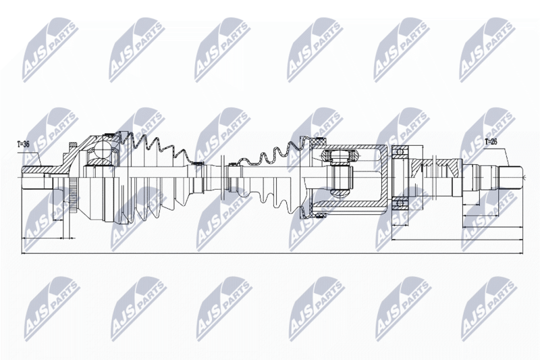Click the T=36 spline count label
pyautogui.click(x=23, y=145)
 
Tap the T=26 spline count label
pyautogui.click(x=491, y=142)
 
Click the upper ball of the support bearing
pyautogui.click(x=400, y=151)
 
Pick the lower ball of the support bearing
pyautogui.click(x=400, y=203)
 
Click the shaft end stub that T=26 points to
pyautogui.click(x=511, y=178)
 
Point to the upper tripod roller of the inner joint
pyautogui.click(x=340, y=156)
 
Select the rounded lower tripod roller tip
pyautogui.click(x=340, y=194)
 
